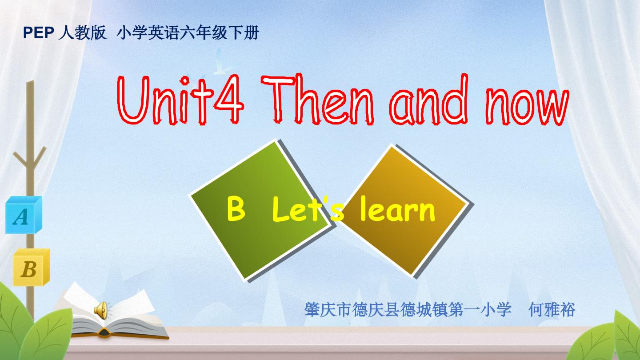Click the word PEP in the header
click(x=39, y=33)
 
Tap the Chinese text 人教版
click(x=82, y=32)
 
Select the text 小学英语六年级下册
click(x=188, y=32)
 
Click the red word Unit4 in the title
click(x=180, y=100)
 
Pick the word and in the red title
click(x=429, y=100)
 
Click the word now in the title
click(x=528, y=107)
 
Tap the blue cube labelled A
click(x=24, y=215)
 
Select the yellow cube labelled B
click(x=32, y=267)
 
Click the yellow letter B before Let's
click(x=236, y=209)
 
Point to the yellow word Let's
click(x=308, y=209)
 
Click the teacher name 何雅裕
click(x=552, y=309)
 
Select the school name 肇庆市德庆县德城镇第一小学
click(x=408, y=309)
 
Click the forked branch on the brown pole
click(x=30, y=159)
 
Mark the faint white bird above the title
click(x=224, y=61)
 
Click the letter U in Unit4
click(x=134, y=100)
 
